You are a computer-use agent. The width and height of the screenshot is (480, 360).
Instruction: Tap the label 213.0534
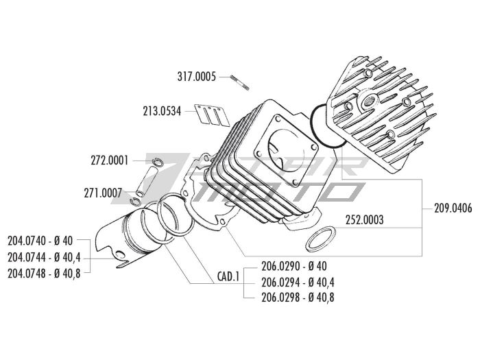pyautogui.click(x=162, y=110)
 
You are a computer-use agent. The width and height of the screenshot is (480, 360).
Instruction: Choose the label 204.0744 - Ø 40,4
pyautogui.click(x=43, y=257)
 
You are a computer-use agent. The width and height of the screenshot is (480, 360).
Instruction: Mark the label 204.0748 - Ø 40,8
pyautogui.click(x=43, y=272)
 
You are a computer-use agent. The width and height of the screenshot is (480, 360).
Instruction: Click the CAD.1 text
pyautogui.click(x=228, y=277)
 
